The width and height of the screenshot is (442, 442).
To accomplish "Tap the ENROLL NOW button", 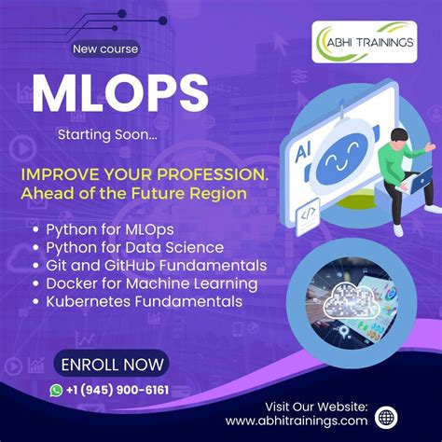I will coord(111,363).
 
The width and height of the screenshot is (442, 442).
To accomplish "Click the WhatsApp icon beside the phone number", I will coord(58,390).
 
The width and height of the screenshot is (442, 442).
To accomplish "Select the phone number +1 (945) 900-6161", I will coord(117,390).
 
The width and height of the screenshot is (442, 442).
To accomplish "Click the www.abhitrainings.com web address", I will coord(297,421).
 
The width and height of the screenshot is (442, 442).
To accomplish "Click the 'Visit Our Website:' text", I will coord(316,406).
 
